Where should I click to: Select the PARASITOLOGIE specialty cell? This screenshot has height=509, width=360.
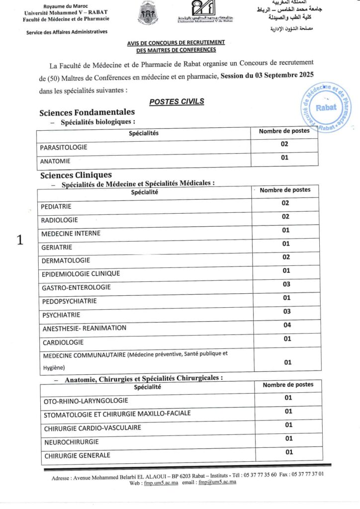(64, 147)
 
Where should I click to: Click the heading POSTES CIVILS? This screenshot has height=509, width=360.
(177, 101)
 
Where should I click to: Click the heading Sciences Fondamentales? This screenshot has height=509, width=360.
(87, 112)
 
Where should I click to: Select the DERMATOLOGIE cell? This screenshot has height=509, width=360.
(66, 260)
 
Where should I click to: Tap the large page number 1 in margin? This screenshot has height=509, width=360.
(20, 240)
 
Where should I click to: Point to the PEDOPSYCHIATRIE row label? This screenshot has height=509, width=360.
(69, 301)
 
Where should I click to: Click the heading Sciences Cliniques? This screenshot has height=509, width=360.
(76, 175)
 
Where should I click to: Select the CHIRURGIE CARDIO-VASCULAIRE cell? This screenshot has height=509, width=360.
(92, 427)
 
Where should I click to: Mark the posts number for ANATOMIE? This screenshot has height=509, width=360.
(285, 158)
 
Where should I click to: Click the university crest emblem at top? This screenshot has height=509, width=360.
(148, 14)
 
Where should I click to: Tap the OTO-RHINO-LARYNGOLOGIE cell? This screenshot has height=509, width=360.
(86, 400)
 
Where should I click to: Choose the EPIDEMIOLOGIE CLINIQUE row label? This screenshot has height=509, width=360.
(81, 273)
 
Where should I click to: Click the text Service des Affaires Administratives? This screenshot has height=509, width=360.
(67, 32)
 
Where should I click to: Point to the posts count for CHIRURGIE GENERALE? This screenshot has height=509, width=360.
(289, 452)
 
